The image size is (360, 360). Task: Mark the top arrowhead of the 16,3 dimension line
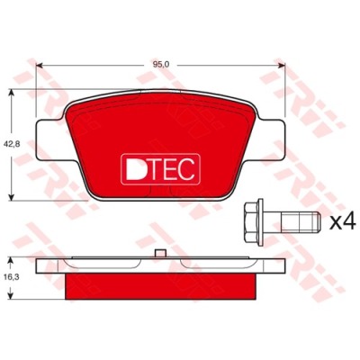(11, 257)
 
